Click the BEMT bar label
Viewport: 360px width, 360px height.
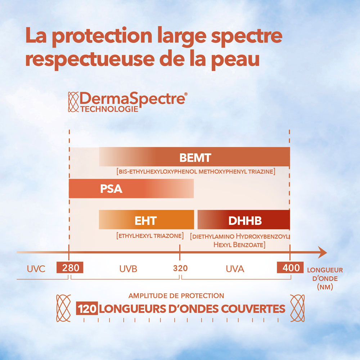click(x=195, y=158)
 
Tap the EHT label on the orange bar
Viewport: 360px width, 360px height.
click(x=146, y=220)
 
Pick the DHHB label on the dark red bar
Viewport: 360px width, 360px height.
click(x=245, y=220)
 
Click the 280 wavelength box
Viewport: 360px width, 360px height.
click(x=70, y=268)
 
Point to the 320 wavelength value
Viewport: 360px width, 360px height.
click(x=180, y=268)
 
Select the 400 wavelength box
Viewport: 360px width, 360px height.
click(x=291, y=268)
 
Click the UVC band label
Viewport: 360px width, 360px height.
click(x=36, y=269)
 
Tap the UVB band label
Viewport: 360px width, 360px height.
click(x=128, y=269)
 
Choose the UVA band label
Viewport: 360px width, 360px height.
click(x=235, y=269)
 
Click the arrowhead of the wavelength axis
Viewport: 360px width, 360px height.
click(x=322, y=253)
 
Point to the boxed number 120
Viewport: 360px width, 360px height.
click(x=87, y=309)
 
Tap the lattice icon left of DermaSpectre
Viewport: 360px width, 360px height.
click(x=73, y=102)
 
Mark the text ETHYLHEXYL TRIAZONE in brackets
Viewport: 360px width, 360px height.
click(x=150, y=236)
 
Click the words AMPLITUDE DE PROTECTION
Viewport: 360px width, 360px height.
click(x=176, y=296)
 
